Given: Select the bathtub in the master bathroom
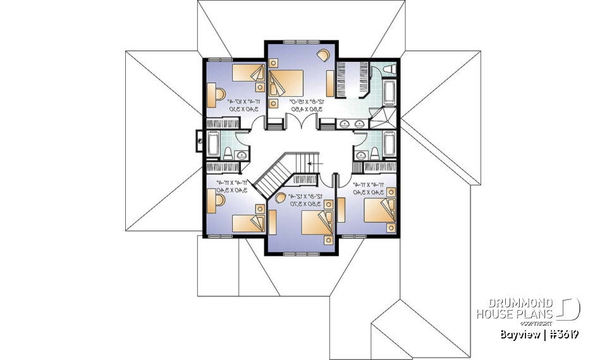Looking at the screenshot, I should (388, 92).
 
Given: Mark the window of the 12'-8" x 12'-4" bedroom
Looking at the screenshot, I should (303, 254).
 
